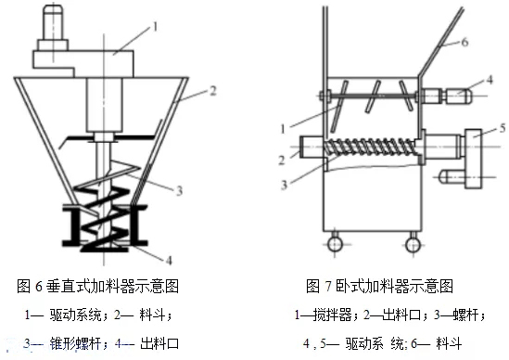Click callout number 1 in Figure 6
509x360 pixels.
[155, 27]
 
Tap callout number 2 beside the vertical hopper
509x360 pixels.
[213, 91]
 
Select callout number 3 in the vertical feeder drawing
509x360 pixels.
[179, 190]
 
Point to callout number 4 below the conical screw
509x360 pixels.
[169, 260]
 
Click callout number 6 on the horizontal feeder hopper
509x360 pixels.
[464, 42]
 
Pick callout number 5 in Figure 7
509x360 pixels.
[503, 128]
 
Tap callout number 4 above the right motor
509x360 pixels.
[490, 79]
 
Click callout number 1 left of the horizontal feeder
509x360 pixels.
[283, 129]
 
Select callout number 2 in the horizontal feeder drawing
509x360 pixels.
[282, 160]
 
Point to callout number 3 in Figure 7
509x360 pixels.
[284, 185]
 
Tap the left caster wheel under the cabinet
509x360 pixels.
[335, 244]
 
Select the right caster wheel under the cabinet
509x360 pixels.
[413, 244]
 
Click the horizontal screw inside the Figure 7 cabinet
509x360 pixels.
[370, 147]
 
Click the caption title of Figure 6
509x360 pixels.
[97, 287]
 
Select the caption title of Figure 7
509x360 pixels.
[379, 287]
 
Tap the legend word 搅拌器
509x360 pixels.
[333, 315]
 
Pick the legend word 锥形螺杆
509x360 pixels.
[75, 343]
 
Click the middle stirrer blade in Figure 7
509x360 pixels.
[373, 96]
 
